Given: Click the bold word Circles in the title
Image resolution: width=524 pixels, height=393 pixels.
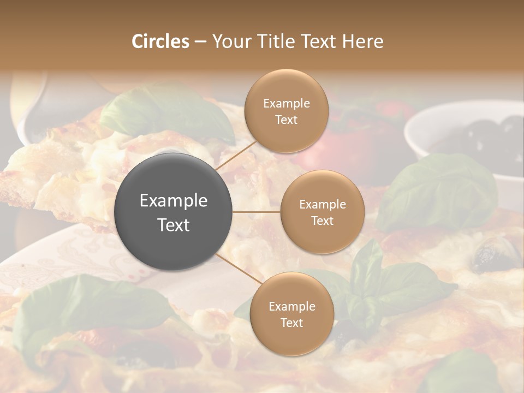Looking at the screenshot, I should (x=160, y=41).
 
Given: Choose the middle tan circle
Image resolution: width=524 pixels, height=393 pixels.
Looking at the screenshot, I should (x=322, y=212).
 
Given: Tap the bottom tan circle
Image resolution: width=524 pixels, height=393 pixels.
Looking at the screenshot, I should (x=291, y=314).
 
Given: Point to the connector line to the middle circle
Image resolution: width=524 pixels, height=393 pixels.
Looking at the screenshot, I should (x=257, y=212).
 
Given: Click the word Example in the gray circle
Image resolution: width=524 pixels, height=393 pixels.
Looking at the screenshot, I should (x=173, y=201).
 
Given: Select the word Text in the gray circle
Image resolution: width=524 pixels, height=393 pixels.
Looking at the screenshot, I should (x=173, y=225).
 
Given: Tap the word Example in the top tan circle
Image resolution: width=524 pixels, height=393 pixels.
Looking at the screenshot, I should (x=286, y=104).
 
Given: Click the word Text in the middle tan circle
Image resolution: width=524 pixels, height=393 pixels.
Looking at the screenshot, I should (x=322, y=221).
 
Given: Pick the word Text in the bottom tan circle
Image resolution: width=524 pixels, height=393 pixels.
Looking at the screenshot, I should (x=291, y=323).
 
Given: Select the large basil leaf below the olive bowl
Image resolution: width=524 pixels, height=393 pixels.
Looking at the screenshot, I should (x=437, y=191).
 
